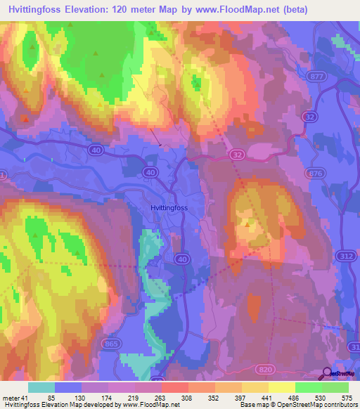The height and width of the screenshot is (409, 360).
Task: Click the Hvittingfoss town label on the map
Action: pyautogui.click(x=172, y=208)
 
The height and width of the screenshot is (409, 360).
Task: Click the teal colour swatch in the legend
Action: pyautogui.click(x=41, y=387)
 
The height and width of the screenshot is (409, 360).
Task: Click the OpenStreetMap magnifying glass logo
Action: pyautogui.click(x=328, y=373)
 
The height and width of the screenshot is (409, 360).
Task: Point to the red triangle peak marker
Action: pyautogui.click(x=26, y=119)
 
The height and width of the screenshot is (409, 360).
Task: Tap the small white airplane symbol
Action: pyautogui.click(x=160, y=145)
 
